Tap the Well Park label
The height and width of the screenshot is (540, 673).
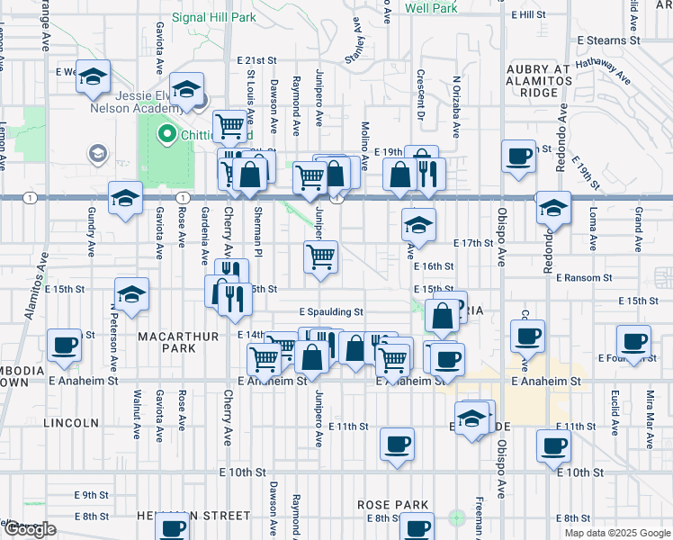point(432,8)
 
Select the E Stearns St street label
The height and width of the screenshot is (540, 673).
point(608,40)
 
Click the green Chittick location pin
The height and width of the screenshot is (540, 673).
point(166,135)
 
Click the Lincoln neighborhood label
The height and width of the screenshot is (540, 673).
point(70,422)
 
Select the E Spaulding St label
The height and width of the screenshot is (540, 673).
point(331,311)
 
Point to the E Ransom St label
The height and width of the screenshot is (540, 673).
point(585,278)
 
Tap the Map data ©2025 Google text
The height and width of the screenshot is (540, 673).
point(618,533)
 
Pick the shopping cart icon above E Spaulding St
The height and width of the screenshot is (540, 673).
point(321,257)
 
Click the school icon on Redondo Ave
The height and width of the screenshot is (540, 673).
point(552,208)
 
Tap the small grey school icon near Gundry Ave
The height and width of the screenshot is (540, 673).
point(96,155)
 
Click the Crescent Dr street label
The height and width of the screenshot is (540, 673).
point(420,89)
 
